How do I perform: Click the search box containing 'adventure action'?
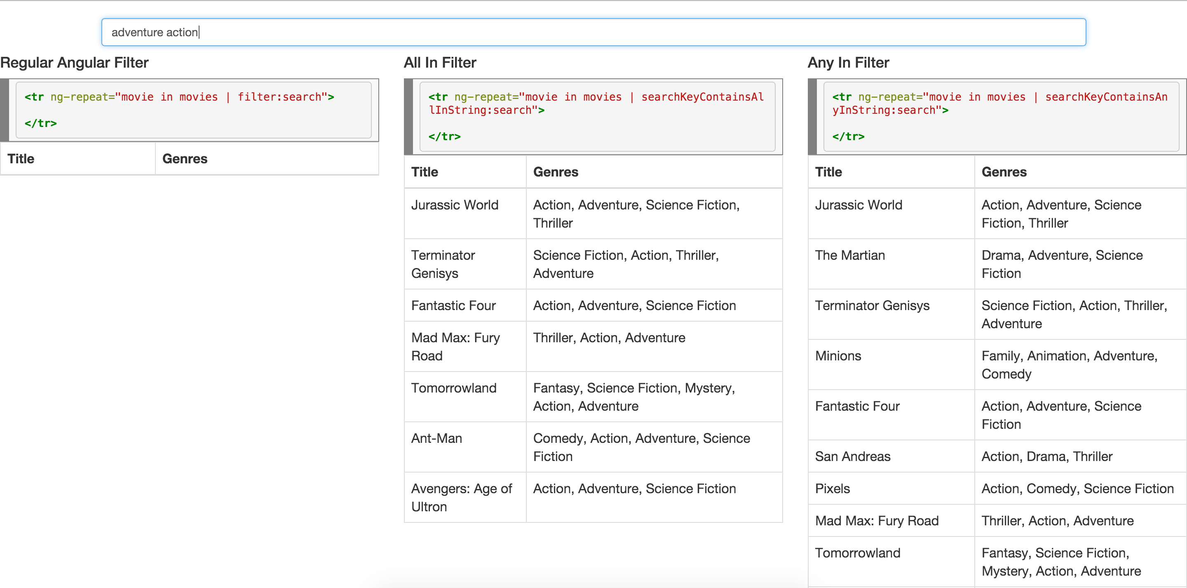(593, 32)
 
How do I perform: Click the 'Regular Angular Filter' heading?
(74, 63)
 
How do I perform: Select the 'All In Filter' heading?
(440, 63)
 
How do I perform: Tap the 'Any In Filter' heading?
(848, 63)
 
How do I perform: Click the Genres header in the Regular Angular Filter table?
(185, 159)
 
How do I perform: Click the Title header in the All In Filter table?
(425, 172)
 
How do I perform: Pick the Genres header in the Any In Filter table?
(1004, 172)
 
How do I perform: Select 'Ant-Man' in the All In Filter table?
(436, 438)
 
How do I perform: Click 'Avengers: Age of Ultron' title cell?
(461, 497)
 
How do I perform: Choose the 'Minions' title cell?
(838, 355)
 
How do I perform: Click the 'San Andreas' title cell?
(852, 456)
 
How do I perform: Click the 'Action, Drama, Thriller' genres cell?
(1046, 456)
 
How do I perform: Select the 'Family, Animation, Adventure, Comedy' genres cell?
(1069, 365)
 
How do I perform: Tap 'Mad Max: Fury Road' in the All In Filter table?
(455, 346)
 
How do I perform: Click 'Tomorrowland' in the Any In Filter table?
(857, 553)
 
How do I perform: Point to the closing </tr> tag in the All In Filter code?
(444, 136)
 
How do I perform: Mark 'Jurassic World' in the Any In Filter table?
(859, 205)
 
